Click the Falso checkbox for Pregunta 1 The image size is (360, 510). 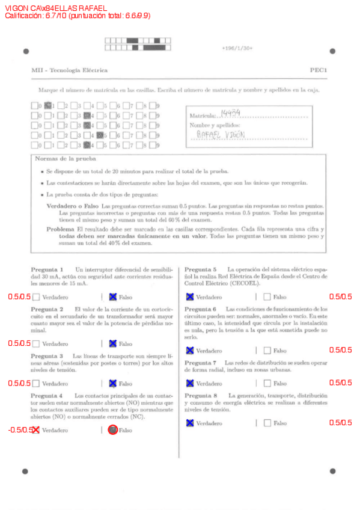[x=112, y=296]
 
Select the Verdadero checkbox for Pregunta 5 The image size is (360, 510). [x=190, y=296]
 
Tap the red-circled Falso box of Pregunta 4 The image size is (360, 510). [x=112, y=429]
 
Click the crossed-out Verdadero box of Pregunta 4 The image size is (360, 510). [x=36, y=429]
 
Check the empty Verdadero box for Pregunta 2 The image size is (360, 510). [x=36, y=343]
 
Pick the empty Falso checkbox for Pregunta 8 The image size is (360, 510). [x=267, y=423]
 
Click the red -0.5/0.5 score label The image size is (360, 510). [x=20, y=429]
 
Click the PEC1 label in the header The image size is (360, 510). [x=318, y=70]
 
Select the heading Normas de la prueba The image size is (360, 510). [x=61, y=159]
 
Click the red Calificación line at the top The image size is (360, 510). [x=77, y=16]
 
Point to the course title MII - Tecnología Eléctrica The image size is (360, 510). [x=69, y=70]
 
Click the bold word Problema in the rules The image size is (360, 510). [x=60, y=229]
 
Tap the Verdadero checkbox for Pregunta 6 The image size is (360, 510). [x=190, y=350]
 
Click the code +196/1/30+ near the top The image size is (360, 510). [x=237, y=48]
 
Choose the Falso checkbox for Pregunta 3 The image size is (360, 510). [x=112, y=383]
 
